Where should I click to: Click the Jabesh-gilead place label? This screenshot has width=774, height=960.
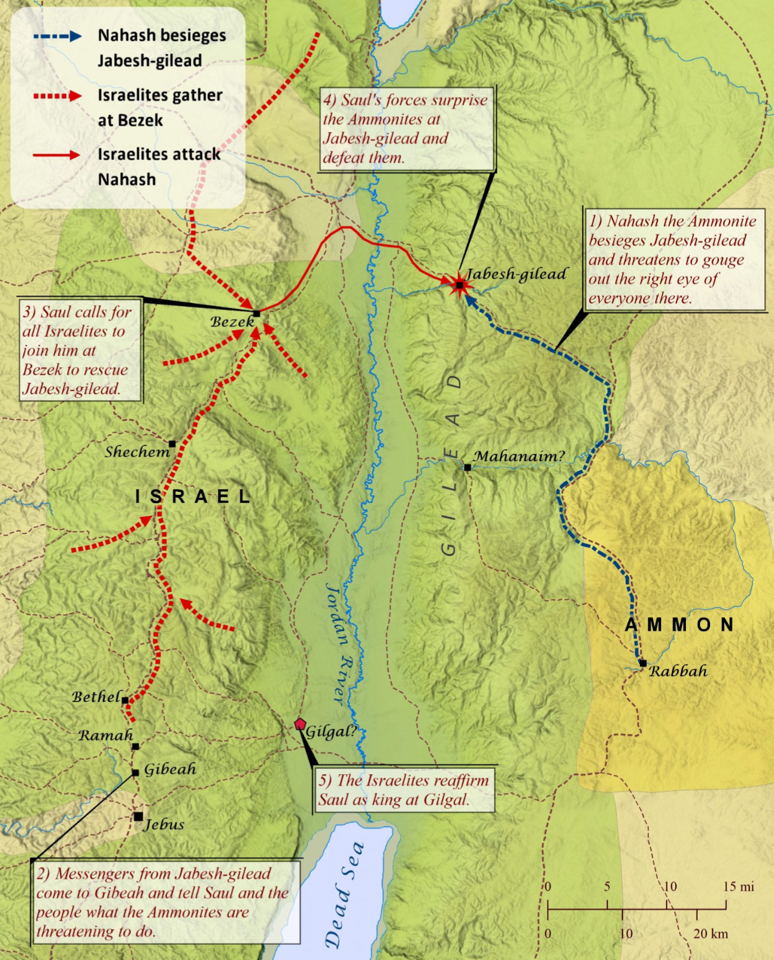(516, 274)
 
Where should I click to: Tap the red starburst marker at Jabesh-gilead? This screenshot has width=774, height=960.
(460, 285)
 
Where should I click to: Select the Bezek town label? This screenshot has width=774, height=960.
(232, 321)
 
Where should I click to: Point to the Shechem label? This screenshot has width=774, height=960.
(137, 452)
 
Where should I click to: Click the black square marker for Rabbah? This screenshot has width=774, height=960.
(643, 663)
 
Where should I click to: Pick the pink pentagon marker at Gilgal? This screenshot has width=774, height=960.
(300, 724)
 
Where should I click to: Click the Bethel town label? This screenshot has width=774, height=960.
(97, 697)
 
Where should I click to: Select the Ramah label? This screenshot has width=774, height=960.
(106, 735)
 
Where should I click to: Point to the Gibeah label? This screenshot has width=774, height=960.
(170, 769)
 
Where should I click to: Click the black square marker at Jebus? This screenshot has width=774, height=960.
(138, 816)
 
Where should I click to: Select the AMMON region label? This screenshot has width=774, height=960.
(680, 624)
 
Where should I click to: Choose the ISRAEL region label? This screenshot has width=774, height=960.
(193, 496)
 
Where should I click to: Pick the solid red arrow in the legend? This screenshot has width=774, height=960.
(57, 155)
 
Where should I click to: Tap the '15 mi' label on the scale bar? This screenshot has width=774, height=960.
(739, 886)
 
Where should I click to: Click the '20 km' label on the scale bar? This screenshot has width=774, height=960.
(711, 934)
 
